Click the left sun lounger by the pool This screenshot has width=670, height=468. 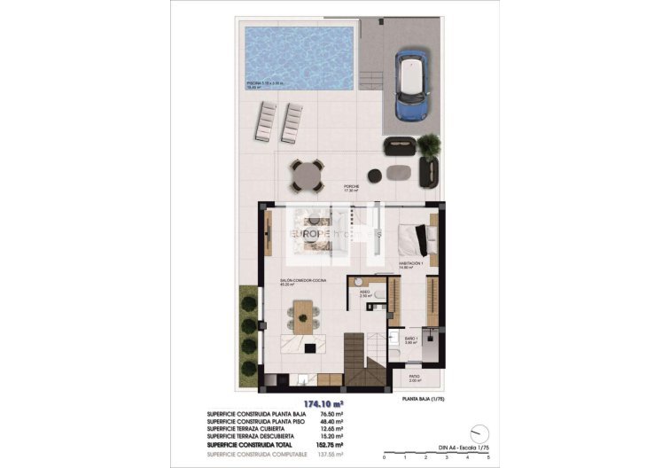[x=268, y=121]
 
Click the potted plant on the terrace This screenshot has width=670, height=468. [x=429, y=144]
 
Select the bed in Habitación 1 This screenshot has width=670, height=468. [x=415, y=236]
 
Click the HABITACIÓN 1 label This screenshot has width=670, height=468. [x=410, y=264]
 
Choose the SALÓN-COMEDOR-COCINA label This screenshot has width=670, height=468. [x=300, y=282]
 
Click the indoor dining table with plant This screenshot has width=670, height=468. [x=303, y=315]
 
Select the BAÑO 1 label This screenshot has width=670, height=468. [x=410, y=338]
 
